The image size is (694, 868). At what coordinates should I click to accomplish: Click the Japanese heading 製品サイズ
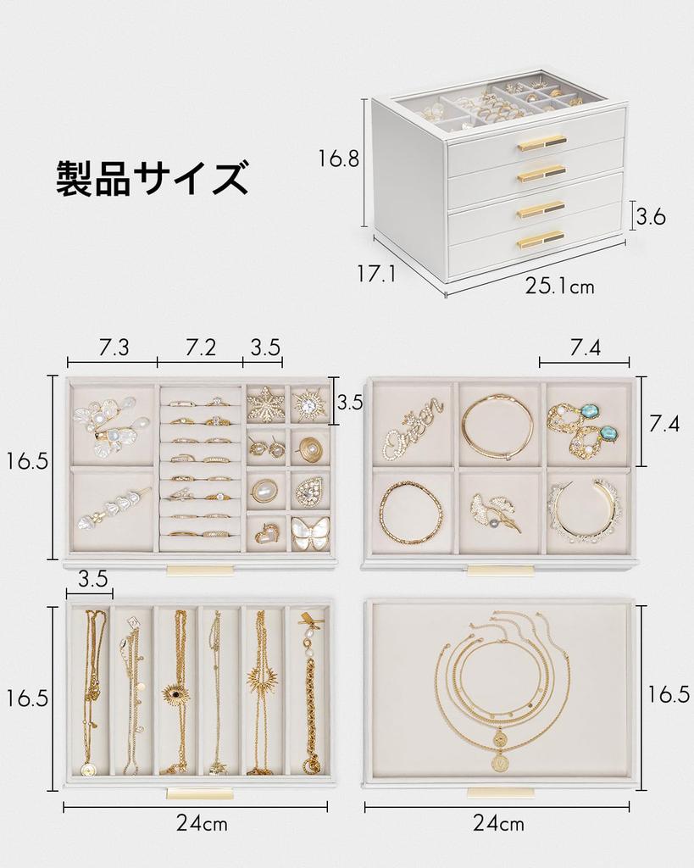tap(153, 178)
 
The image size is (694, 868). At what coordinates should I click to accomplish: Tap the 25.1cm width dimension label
tap(559, 287)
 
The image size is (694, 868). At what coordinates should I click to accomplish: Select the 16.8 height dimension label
tap(339, 159)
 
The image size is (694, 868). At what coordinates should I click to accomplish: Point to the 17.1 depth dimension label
tap(377, 273)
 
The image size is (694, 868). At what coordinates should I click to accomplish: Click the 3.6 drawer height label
tap(651, 217)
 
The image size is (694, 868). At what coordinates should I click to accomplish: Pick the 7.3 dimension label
tap(114, 347)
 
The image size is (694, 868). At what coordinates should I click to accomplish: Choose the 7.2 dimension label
tap(201, 347)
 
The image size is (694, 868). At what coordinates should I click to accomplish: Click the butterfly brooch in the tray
tap(310, 533)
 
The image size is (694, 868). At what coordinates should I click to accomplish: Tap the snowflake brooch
tap(265, 404)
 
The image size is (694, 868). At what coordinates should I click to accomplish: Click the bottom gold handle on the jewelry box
tap(541, 239)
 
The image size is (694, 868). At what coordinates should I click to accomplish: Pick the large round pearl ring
tap(264, 491)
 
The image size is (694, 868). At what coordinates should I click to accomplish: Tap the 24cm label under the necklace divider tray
tap(201, 823)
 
